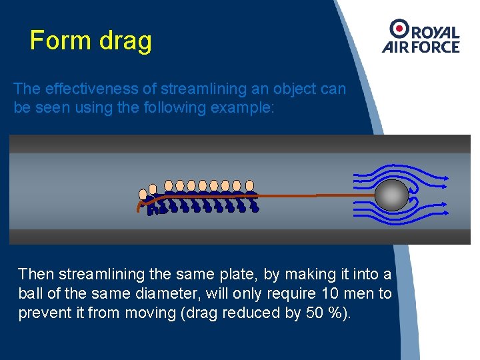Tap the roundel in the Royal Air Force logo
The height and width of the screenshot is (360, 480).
[x=399, y=28]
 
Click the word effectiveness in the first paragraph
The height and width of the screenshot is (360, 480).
[x=88, y=89]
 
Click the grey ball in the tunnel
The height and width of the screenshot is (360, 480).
[x=391, y=195]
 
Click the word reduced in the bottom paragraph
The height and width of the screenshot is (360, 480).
[x=244, y=313]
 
